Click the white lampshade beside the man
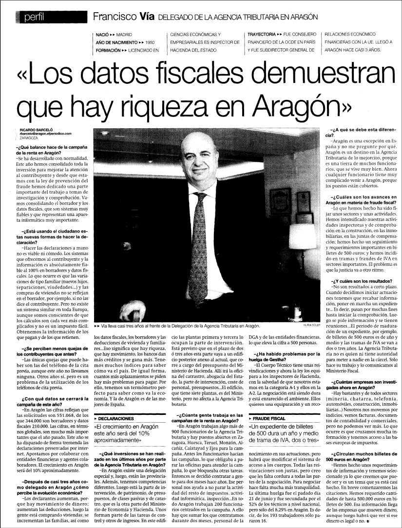pyautogui.click(x=302, y=236)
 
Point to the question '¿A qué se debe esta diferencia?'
pyautogui.click(x=362, y=131)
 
